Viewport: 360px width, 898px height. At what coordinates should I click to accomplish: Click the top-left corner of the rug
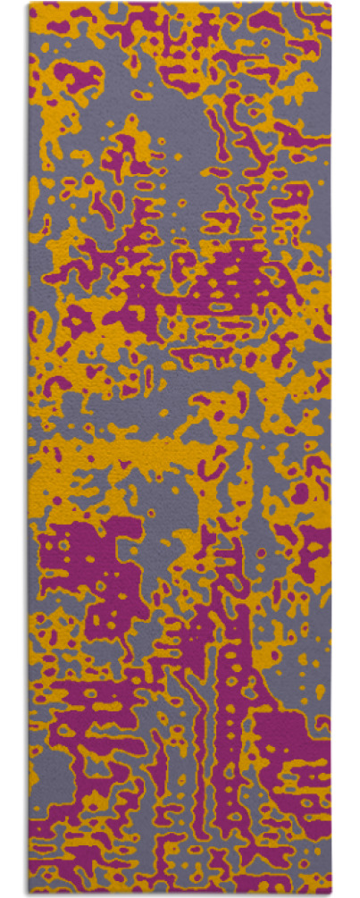click(29, 4)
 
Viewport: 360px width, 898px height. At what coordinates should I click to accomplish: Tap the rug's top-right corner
click(330, 4)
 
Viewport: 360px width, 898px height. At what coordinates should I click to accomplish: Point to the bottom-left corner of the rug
click(29, 894)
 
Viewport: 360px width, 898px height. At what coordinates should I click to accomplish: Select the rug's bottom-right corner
click(330, 894)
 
